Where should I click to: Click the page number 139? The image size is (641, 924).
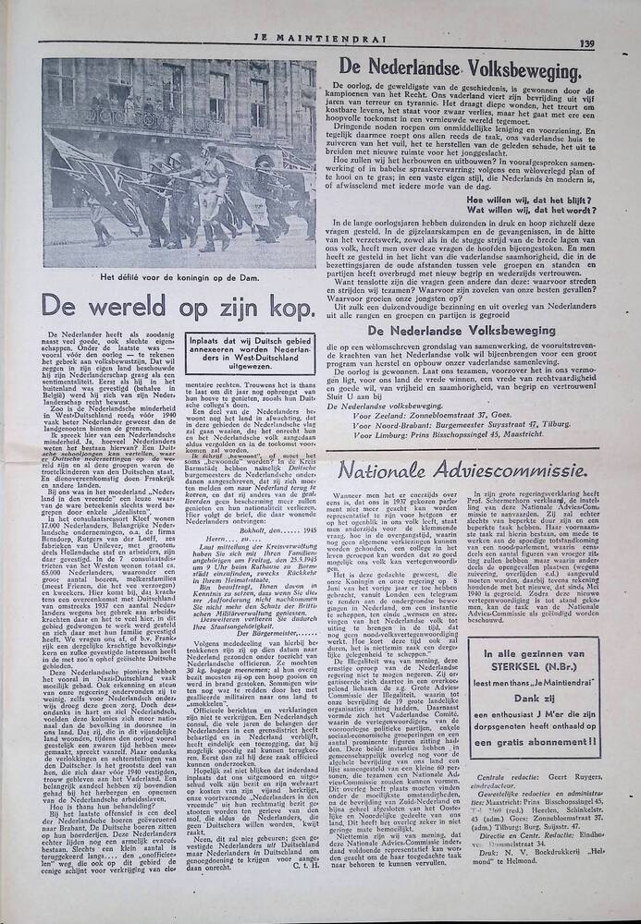pyautogui.click(x=586, y=43)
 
